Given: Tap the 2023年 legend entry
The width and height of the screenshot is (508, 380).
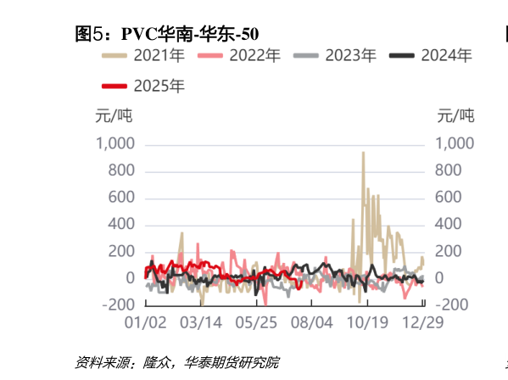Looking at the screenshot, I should [x=335, y=57].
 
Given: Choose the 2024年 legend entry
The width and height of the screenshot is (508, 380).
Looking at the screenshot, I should [x=430, y=57].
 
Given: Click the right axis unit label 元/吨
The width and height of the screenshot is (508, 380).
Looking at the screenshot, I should [x=455, y=115].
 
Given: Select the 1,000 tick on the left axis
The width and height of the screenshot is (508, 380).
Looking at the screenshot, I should [x=114, y=143].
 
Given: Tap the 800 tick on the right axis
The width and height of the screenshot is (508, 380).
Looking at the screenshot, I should [x=449, y=170].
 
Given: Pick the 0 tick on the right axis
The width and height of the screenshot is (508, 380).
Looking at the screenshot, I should [x=440, y=278].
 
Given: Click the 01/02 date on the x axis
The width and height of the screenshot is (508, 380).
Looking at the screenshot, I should [x=145, y=323].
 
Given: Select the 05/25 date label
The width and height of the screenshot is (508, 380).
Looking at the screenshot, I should [x=256, y=323].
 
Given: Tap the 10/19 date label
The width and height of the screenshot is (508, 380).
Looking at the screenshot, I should [x=366, y=323].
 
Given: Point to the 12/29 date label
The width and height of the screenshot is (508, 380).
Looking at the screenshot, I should [x=421, y=323].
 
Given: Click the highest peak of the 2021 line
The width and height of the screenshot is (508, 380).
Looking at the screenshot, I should [x=363, y=154].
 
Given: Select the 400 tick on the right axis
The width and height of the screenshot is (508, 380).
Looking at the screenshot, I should [x=449, y=225].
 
